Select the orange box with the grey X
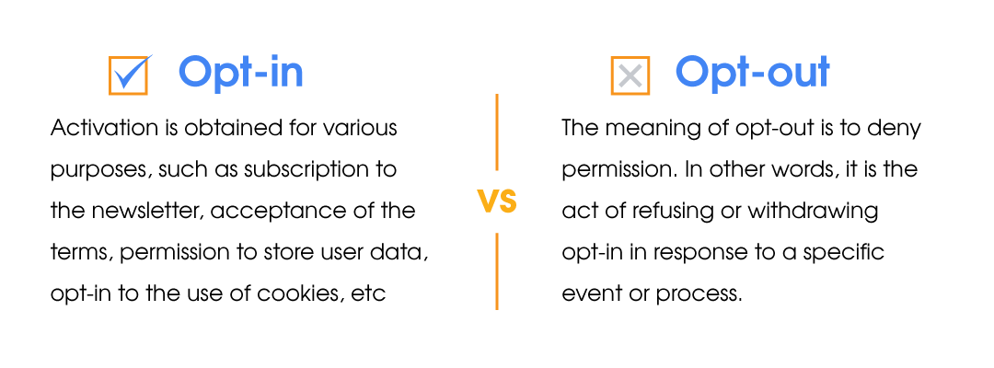(630, 76)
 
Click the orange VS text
(498, 201)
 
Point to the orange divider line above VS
(497, 132)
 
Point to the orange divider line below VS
(497, 271)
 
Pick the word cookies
(306, 293)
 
